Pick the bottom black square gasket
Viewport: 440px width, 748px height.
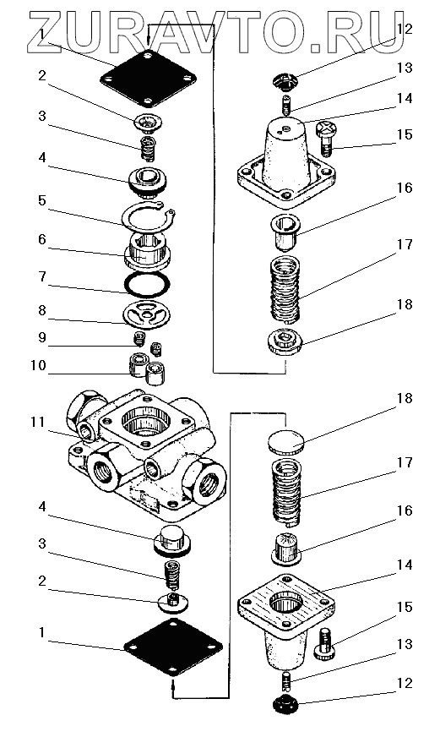pyautogui.click(x=173, y=647)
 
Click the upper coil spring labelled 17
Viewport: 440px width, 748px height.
pyautogui.click(x=285, y=288)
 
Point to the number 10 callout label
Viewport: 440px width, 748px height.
pyautogui.click(x=38, y=366)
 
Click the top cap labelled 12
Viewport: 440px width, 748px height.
pyautogui.click(x=285, y=81)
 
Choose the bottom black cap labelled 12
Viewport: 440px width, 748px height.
pyautogui.click(x=286, y=703)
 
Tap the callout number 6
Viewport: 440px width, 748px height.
pyautogui.click(x=42, y=239)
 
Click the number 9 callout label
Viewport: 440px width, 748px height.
pyautogui.click(x=42, y=337)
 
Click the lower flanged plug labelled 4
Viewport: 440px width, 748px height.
pyautogui.click(x=171, y=540)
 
